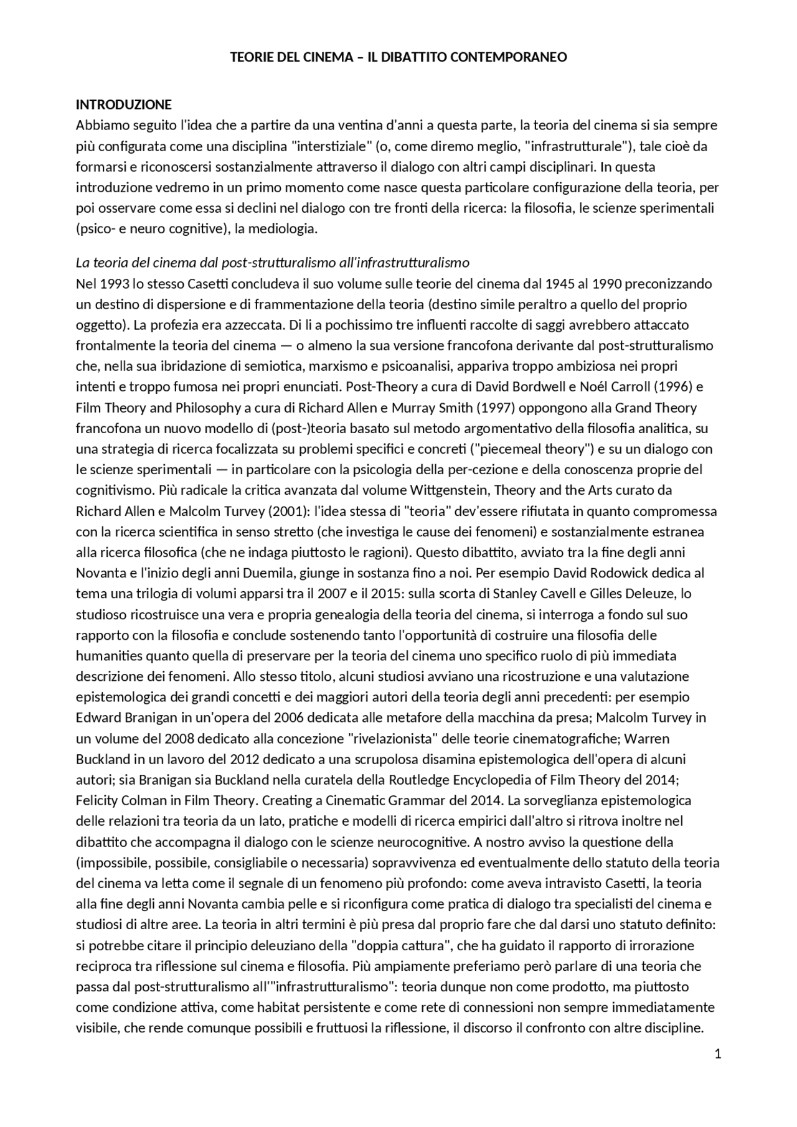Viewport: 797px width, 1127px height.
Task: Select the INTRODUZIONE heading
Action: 123,104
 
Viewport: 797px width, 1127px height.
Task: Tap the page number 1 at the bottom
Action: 718,1054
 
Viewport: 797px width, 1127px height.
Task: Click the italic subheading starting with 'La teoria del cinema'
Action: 272,262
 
